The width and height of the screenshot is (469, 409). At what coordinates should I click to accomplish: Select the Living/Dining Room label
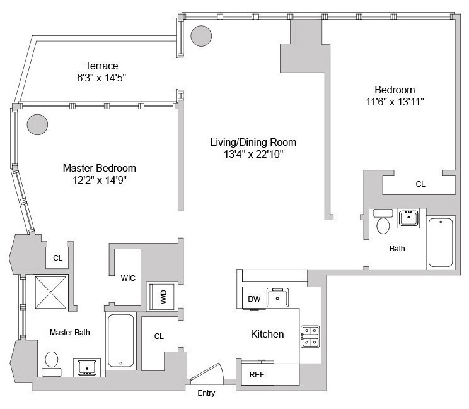[x=253, y=142]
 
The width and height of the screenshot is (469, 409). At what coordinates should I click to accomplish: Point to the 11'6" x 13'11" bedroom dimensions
[x=395, y=102]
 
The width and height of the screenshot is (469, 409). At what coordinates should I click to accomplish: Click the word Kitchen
[x=267, y=334]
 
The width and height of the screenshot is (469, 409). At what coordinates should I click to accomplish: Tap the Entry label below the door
[x=206, y=393]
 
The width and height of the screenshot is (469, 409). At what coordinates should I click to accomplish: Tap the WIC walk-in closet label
[x=129, y=278]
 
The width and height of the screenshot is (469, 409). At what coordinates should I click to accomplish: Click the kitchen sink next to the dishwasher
[x=278, y=297]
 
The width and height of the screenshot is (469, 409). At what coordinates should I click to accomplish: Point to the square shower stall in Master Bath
[x=50, y=293]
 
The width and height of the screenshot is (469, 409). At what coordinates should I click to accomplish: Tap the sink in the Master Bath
[x=85, y=367]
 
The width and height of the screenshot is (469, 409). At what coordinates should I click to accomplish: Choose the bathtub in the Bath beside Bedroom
[x=441, y=242]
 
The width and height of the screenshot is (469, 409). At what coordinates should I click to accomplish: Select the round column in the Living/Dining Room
[x=202, y=36]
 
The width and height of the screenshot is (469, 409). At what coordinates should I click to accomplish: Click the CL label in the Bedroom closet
[x=420, y=185]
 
